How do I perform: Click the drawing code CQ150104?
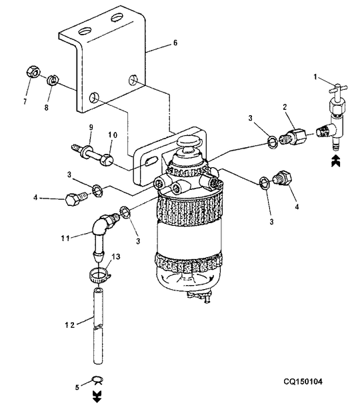click(303, 382)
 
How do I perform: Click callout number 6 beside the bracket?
click(175, 43)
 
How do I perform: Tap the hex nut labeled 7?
click(33, 71)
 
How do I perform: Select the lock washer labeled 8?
click(53, 80)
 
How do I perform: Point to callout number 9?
click(91, 127)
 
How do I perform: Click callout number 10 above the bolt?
click(113, 135)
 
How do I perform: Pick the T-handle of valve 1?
click(338, 89)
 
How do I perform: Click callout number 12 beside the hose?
click(70, 325)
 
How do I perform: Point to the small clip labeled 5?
click(97, 380)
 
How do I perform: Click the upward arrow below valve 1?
click(335, 161)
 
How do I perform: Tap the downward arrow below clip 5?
click(97, 396)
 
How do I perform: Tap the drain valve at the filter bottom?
click(199, 297)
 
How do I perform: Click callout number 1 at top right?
click(315, 77)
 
